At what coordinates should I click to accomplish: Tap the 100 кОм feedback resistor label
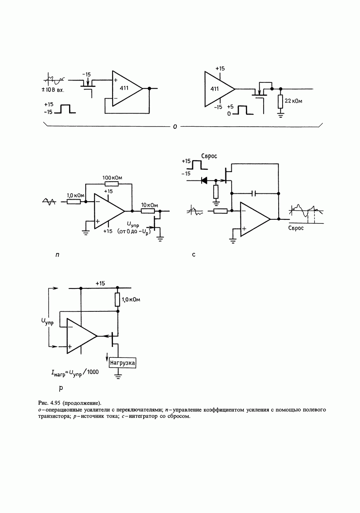pyautogui.click(x=112, y=178)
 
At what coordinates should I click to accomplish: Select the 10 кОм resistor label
pyautogui.click(x=149, y=205)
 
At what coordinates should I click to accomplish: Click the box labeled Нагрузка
pyautogui.click(x=123, y=362)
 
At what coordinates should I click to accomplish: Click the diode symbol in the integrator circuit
pyautogui.click(x=204, y=180)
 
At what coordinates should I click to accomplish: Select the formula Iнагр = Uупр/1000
pyautogui.click(x=75, y=372)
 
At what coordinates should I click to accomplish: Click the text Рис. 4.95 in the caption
pyautogui.click(x=50, y=403)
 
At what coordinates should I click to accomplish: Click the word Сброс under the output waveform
pyautogui.click(x=296, y=228)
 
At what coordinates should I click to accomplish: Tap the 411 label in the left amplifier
pyautogui.click(x=124, y=89)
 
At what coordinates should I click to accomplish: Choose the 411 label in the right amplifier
pyautogui.click(x=214, y=89)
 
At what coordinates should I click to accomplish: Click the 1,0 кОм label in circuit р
pyautogui.click(x=131, y=300)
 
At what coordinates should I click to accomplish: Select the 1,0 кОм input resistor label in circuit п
pyautogui.click(x=75, y=195)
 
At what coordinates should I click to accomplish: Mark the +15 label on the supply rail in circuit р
pyautogui.click(x=100, y=283)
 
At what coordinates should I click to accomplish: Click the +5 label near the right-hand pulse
pyautogui.click(x=231, y=107)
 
